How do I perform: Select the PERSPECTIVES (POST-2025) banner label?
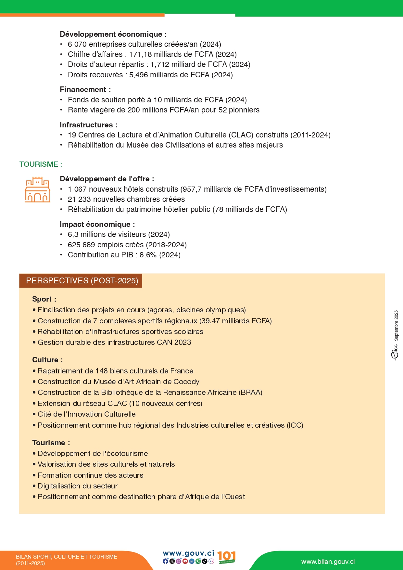pyautogui.click(x=82, y=281)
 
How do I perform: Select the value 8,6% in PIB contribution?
pyautogui.click(x=148, y=255)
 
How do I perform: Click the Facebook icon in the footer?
pyautogui.click(x=166, y=561)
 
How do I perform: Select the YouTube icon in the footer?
pyautogui.click(x=185, y=561)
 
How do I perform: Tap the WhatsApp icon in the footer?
pyautogui.click(x=198, y=561)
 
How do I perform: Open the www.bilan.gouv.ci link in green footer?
pyautogui.click(x=328, y=562)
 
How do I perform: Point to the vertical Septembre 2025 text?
pyautogui.click(x=396, y=325)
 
